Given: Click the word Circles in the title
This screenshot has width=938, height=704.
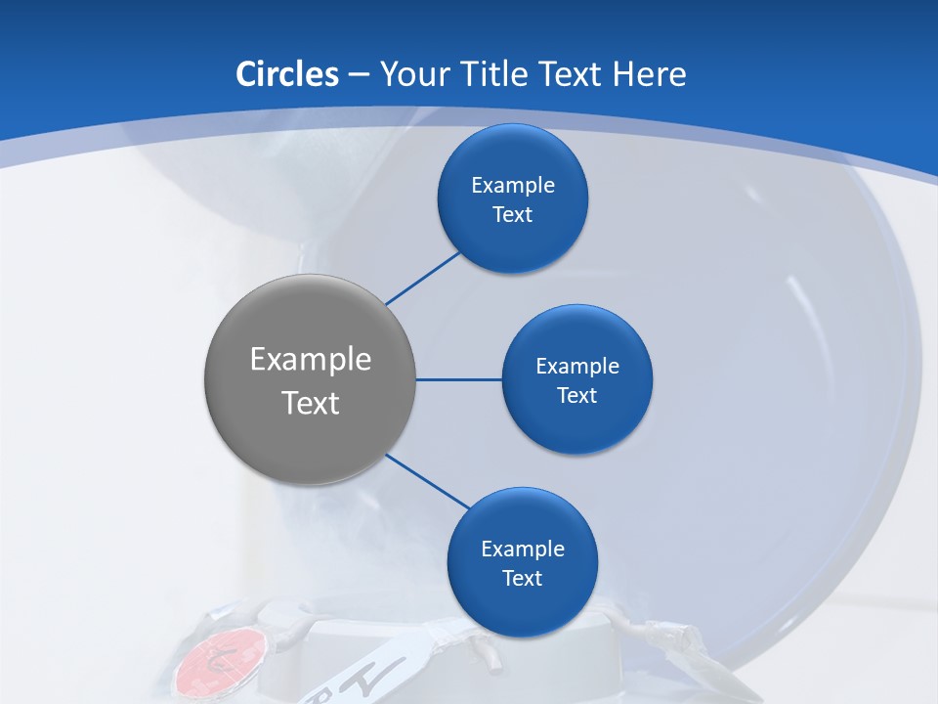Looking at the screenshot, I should (286, 74).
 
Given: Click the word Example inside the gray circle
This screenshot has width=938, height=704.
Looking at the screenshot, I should (311, 360).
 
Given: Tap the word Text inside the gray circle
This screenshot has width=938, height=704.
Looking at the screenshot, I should (311, 403).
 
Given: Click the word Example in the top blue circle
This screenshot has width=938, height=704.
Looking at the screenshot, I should (513, 186).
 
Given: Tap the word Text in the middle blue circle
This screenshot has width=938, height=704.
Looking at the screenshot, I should (576, 395).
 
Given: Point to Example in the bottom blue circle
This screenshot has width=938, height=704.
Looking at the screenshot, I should (523, 550).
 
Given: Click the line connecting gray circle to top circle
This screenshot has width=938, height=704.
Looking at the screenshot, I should (422, 278).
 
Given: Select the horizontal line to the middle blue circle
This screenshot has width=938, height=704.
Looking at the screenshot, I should (458, 379).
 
